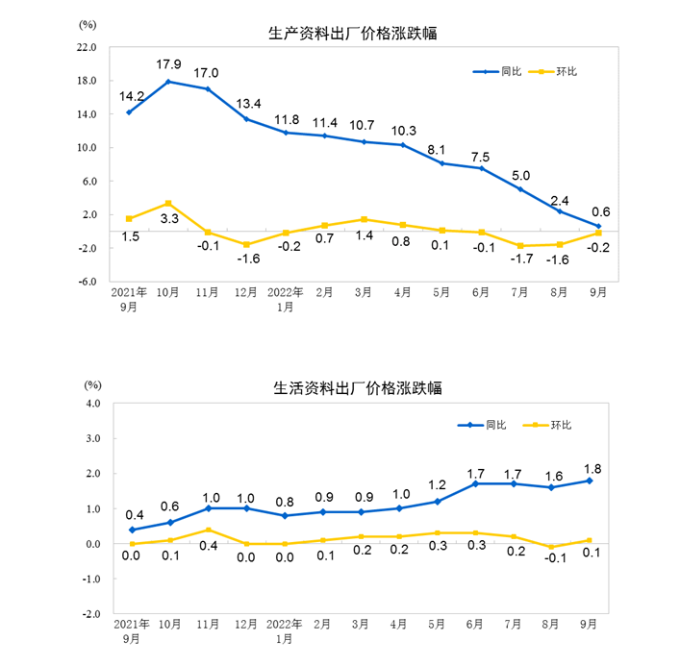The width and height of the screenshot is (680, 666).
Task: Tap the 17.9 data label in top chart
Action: pyautogui.click(x=168, y=64)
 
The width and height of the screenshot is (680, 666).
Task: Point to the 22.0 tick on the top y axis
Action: pyautogui.click(x=87, y=47)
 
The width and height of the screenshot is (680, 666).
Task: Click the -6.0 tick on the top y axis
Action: pyautogui.click(x=87, y=283)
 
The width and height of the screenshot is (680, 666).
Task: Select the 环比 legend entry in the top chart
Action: pyautogui.click(x=565, y=71)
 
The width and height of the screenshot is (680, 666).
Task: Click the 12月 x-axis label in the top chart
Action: pyautogui.click(x=247, y=291)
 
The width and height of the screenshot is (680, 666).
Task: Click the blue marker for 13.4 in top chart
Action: pyautogui.click(x=246, y=119)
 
